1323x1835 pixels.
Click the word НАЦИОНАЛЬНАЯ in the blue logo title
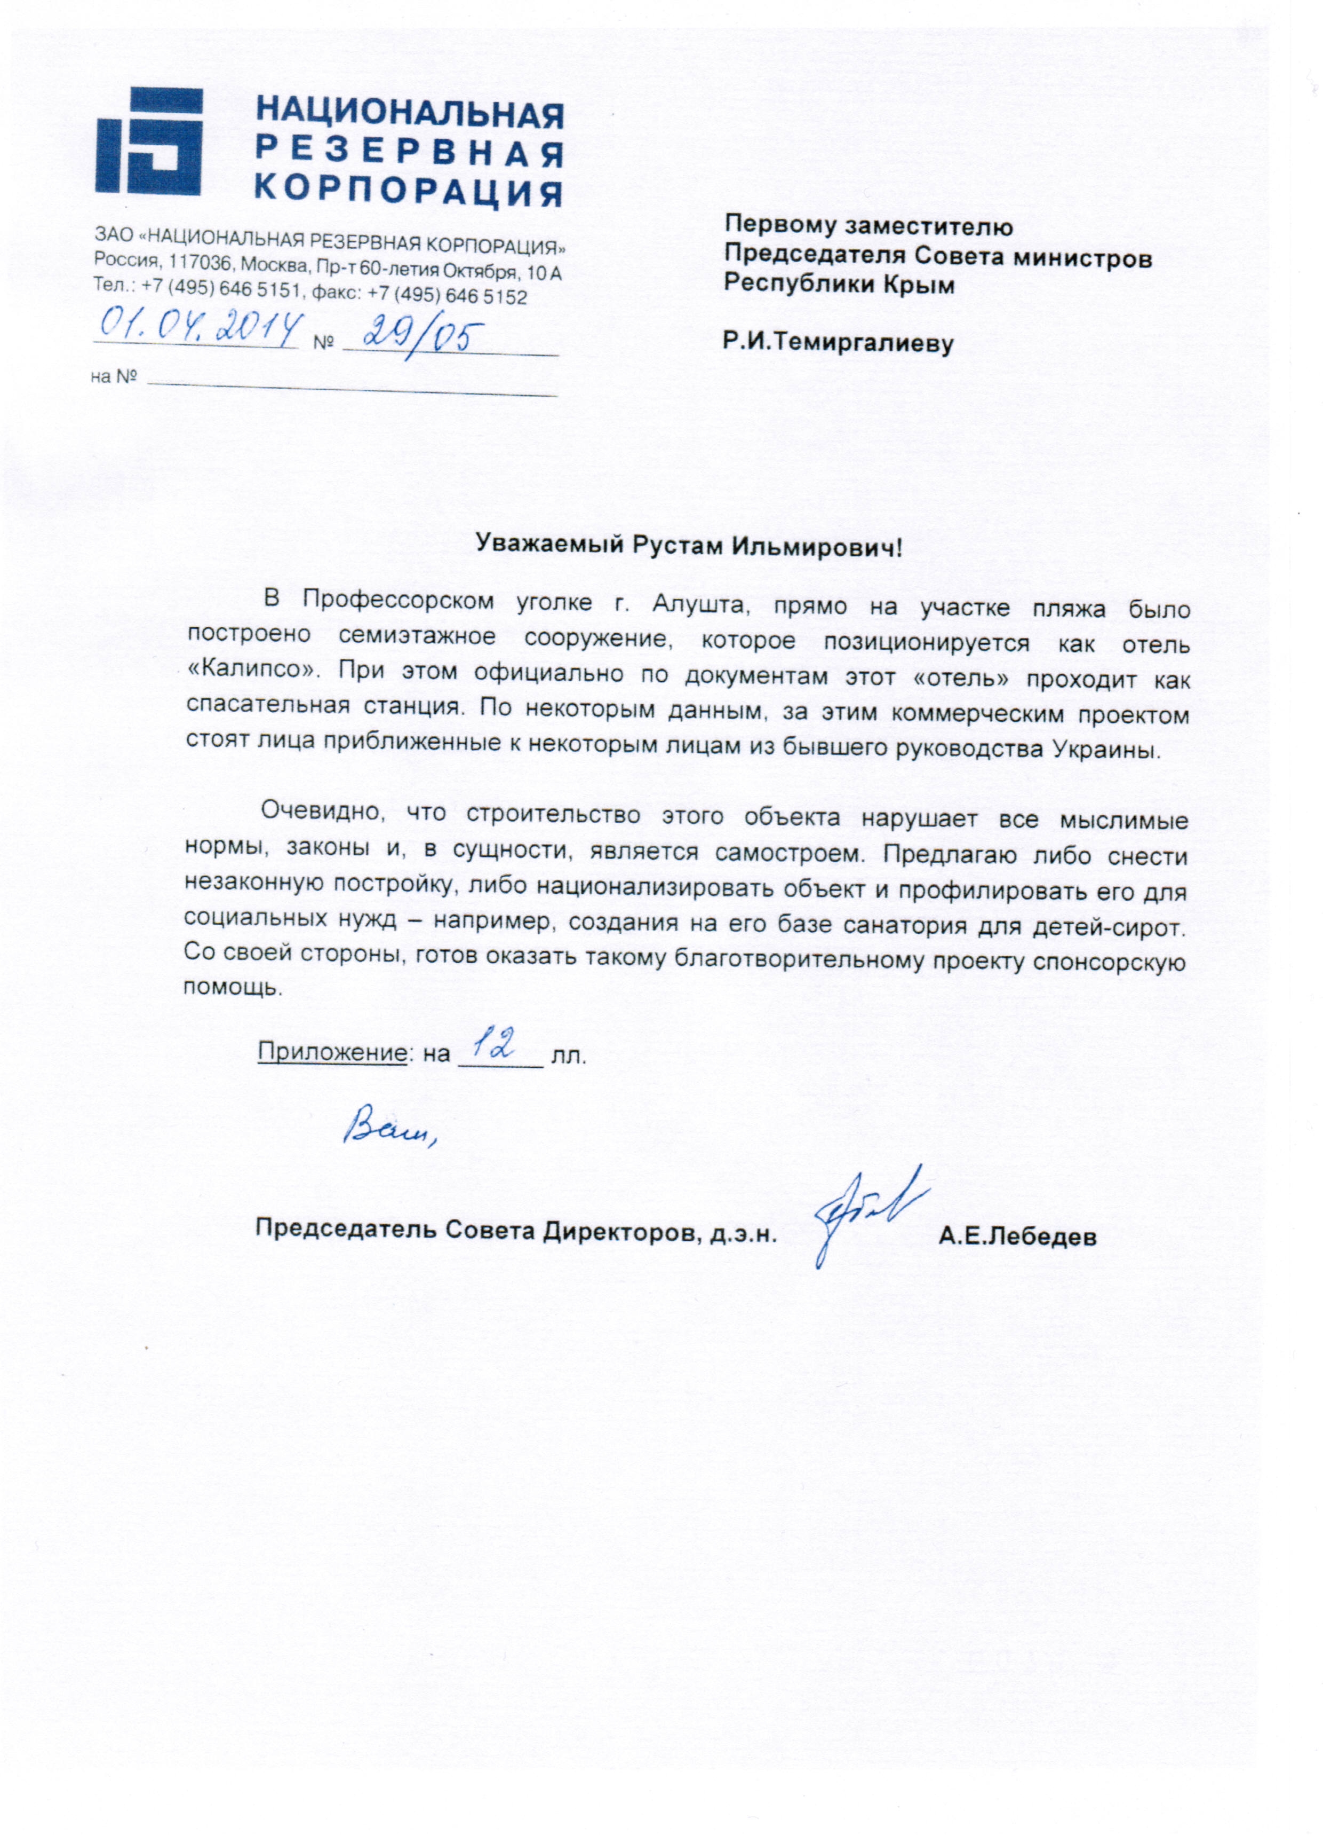coord(409,113)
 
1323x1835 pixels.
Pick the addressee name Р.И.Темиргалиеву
coord(838,343)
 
